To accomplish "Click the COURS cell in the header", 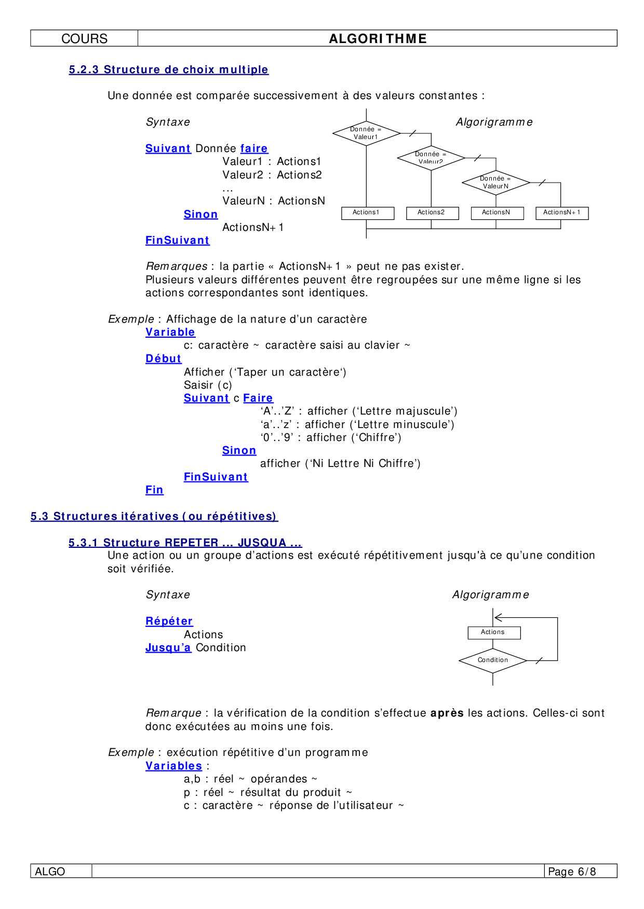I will [x=84, y=39].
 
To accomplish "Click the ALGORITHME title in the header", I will [x=378, y=39].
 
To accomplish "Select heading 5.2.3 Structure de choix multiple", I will [x=168, y=70].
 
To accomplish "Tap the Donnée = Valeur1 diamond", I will [x=366, y=133].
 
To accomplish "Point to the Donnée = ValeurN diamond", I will [x=495, y=183].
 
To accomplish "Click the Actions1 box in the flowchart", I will [x=367, y=213].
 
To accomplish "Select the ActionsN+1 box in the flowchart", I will [x=562, y=213].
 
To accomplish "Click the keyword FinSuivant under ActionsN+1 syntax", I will [x=177, y=240].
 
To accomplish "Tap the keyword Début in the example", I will [x=163, y=359].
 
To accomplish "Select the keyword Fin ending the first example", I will [x=154, y=490].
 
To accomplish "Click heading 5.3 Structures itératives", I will [x=154, y=516].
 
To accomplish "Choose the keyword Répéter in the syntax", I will [x=169, y=621].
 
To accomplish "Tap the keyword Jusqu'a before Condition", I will [x=168, y=648].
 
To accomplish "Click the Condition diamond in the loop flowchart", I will [x=492, y=660].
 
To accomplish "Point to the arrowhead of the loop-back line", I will [x=497, y=617].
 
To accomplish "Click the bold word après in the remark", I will [x=447, y=713].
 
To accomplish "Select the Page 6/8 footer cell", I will [x=580, y=872].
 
